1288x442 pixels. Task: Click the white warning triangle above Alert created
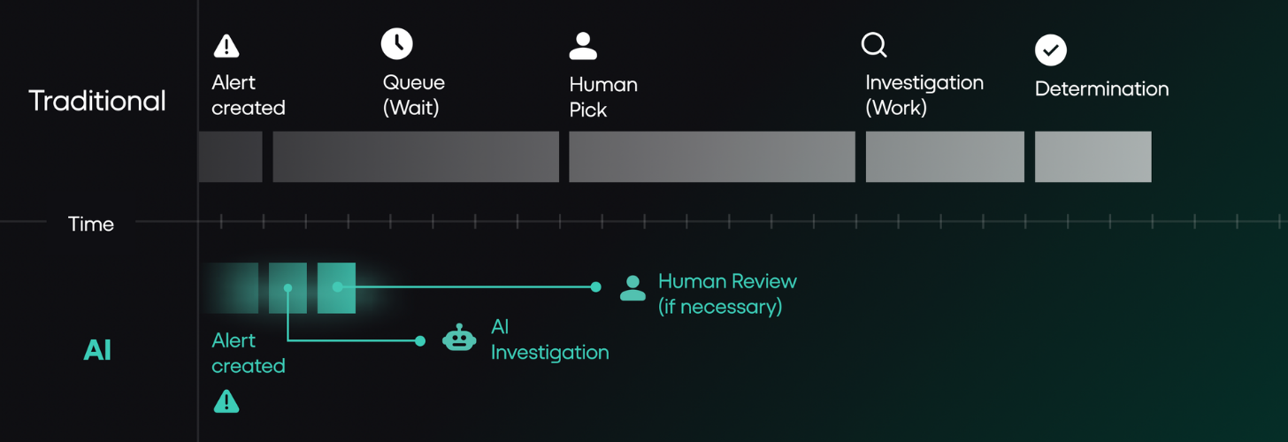coord(226,46)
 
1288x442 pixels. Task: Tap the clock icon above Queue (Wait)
coord(396,43)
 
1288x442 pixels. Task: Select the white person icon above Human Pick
coord(583,46)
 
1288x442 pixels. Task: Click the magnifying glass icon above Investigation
coord(874,45)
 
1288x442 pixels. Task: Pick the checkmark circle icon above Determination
coord(1051,50)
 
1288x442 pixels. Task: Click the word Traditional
coord(97,101)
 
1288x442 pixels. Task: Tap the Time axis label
coord(91,224)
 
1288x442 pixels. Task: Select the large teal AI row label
coord(97,349)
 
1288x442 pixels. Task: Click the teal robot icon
coord(459,338)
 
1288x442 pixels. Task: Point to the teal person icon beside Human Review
coord(632,288)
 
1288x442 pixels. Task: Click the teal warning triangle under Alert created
coord(226,401)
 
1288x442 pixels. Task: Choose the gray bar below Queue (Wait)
coord(416,157)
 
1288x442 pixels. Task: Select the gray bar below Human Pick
coord(712,157)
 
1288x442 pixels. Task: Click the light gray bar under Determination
coord(1093,157)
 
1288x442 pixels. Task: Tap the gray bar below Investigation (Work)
coord(945,157)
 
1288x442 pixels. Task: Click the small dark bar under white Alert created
coord(230,157)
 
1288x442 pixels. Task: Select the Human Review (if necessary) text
coord(727,293)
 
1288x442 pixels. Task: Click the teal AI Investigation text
coord(549,339)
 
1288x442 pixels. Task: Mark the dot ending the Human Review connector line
coord(595,286)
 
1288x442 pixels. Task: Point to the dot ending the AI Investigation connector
coord(419,341)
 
